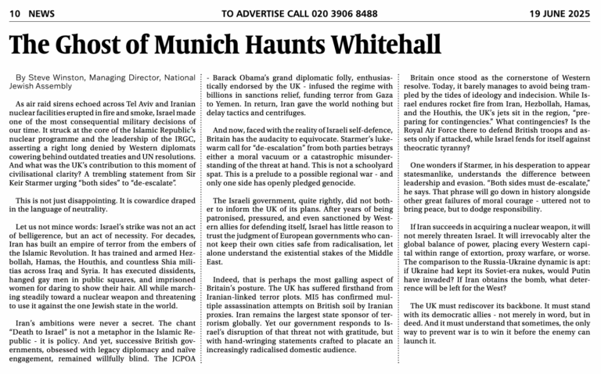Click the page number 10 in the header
coord(14,14)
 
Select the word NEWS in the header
coord(41,14)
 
